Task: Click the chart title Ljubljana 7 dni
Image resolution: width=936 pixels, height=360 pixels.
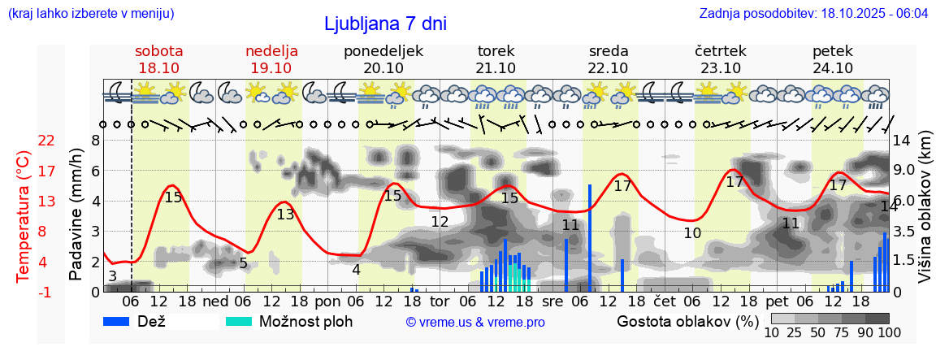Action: click(x=385, y=24)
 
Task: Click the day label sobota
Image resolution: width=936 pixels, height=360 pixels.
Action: click(x=158, y=51)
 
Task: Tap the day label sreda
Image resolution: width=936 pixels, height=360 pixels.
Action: click(x=609, y=51)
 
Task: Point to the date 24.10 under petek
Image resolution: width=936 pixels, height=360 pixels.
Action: click(x=833, y=68)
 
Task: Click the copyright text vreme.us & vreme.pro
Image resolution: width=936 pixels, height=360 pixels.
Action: click(x=475, y=322)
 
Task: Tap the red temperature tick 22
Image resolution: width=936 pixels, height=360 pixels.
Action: click(x=24, y=141)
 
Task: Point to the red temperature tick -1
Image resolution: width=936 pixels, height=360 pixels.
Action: click(x=24, y=292)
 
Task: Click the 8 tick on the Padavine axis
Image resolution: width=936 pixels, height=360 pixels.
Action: click(x=95, y=141)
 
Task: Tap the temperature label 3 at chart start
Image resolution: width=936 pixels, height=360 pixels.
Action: click(x=112, y=276)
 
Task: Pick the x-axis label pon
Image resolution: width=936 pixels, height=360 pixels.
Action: click(x=327, y=301)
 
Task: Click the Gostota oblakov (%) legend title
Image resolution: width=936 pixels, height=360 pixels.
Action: click(x=687, y=321)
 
